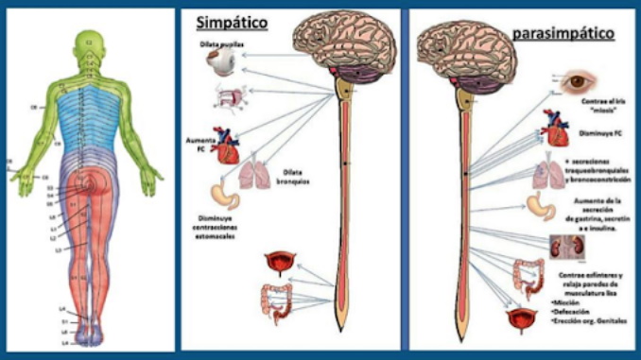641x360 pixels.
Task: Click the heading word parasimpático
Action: (563, 34)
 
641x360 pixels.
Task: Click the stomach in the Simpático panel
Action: (224, 194)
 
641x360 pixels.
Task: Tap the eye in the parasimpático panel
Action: (576, 84)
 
